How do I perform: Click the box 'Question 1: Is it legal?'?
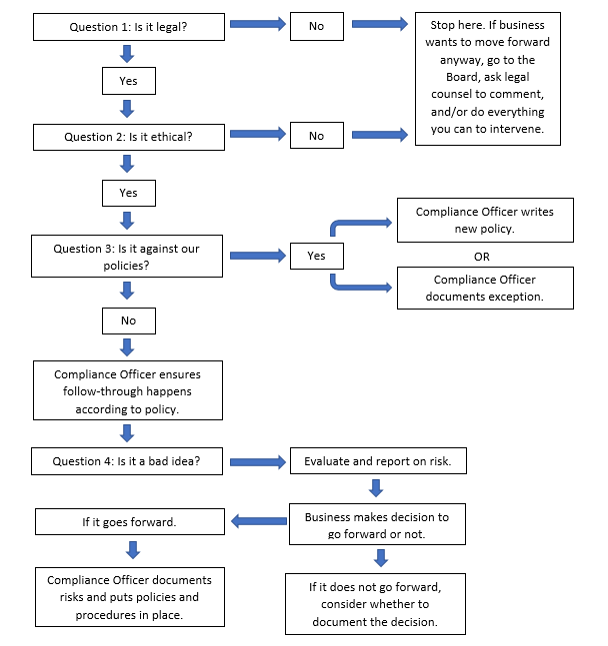(x=127, y=27)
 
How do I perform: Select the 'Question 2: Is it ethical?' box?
(x=127, y=136)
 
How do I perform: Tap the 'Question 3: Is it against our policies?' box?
(x=127, y=256)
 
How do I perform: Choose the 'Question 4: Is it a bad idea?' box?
(x=127, y=461)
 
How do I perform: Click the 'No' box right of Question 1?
(x=316, y=27)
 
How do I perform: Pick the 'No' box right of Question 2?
(x=316, y=136)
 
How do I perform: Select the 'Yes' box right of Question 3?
(x=316, y=256)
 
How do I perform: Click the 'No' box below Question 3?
(x=128, y=322)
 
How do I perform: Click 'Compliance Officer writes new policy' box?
(x=484, y=221)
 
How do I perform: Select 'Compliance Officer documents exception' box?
(x=484, y=289)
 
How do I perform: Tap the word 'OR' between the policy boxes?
(x=484, y=256)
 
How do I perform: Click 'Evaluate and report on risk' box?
(x=377, y=461)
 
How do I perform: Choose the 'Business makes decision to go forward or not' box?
(x=377, y=525)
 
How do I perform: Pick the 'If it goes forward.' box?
(x=127, y=521)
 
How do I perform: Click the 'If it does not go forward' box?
(x=374, y=603)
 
